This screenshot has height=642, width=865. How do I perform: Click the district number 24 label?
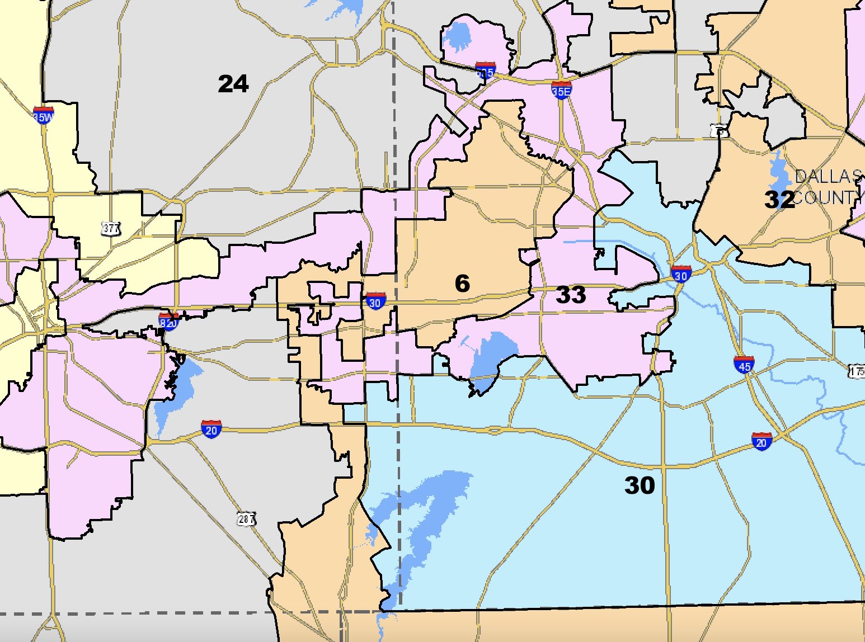click(233, 84)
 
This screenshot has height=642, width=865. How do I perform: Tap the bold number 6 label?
click(462, 284)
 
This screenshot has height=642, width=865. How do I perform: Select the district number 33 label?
click(571, 295)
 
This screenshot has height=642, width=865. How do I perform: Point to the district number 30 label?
click(640, 485)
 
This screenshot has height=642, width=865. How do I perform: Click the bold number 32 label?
click(779, 200)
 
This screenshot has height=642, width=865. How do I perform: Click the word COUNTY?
click(827, 197)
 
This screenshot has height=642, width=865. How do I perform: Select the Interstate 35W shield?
click(43, 115)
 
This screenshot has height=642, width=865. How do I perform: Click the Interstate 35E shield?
click(561, 89)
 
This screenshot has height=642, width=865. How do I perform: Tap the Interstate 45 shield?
click(744, 364)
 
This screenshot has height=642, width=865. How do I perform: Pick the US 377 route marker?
click(111, 228)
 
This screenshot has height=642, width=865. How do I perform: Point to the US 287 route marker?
click(246, 519)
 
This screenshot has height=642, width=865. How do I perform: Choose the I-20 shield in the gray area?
click(211, 429)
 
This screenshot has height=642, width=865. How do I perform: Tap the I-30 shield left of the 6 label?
click(375, 301)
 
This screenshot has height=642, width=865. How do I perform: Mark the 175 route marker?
click(857, 371)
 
